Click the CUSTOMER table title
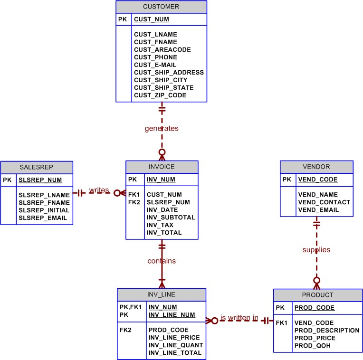161,7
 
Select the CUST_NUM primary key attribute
152,19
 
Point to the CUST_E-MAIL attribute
155,65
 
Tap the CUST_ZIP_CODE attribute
160,95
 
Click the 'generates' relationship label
162,128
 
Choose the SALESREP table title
37,167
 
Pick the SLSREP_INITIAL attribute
44,210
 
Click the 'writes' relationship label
99,190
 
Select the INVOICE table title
162,167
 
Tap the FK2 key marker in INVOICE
134,202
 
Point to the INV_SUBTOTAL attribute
171,218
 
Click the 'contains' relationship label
162,261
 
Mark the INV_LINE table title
162,294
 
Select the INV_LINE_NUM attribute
172,315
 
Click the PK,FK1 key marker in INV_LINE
130,307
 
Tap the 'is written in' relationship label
239,318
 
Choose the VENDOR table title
316,167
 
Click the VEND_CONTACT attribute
324,202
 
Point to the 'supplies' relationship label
316,249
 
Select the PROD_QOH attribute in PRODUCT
312,346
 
